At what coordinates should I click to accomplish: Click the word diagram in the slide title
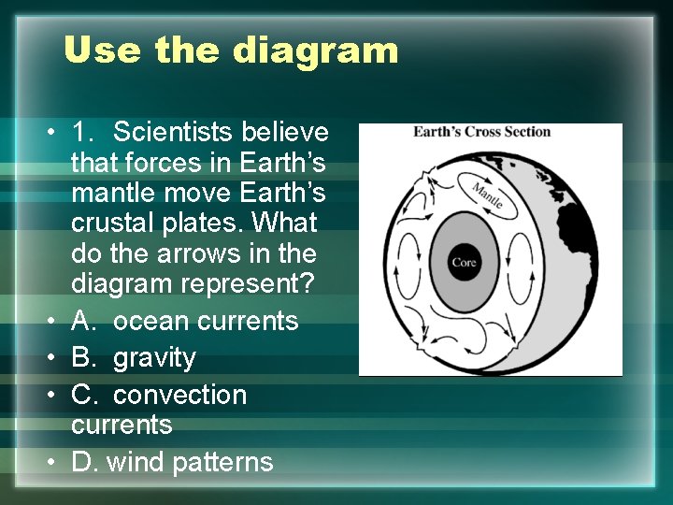(x=315, y=50)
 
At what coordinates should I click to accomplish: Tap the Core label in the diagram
(x=464, y=263)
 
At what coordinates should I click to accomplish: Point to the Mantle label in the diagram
(x=487, y=194)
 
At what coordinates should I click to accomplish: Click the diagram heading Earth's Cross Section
(x=482, y=131)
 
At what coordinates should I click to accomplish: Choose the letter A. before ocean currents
(x=84, y=321)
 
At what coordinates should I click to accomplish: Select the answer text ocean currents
(x=205, y=321)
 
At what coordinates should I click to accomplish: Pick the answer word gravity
(x=154, y=358)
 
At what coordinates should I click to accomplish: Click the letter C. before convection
(x=84, y=396)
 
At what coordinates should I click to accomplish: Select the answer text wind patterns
(x=191, y=462)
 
